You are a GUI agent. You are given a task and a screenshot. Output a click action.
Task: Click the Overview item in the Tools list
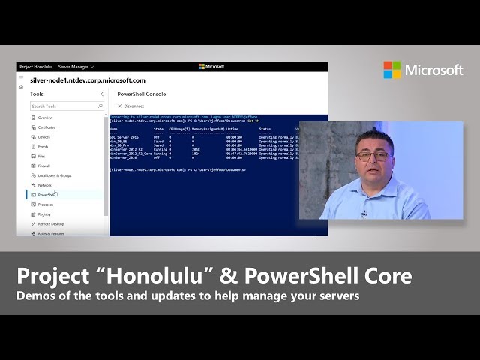coord(45,118)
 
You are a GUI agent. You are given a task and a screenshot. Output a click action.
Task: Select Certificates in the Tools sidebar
coord(46,127)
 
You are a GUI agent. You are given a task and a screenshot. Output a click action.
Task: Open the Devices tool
coord(44,137)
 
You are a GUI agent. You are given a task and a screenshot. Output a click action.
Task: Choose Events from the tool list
coord(43,147)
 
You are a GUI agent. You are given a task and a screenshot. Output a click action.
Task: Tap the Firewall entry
coord(44,166)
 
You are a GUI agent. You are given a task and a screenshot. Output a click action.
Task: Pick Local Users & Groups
coord(54,175)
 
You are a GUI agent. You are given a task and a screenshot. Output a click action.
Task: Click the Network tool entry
coord(45,185)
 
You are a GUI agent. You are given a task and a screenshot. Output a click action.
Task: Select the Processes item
coord(46,205)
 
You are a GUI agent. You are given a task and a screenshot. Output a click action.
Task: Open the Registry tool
coord(45,214)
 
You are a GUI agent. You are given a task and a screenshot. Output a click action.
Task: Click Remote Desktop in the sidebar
coord(51,224)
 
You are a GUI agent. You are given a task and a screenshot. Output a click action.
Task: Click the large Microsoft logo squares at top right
coord(392,70)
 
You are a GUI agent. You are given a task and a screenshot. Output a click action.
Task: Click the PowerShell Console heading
coord(142,94)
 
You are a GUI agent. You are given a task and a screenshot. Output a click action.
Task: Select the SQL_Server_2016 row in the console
coord(124,138)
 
